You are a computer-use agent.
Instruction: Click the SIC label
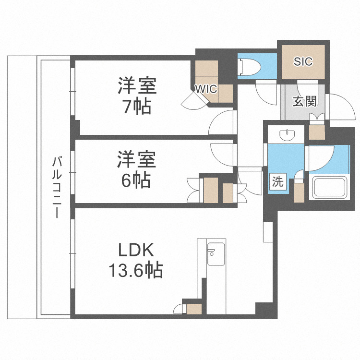pyautogui.click(x=303, y=61)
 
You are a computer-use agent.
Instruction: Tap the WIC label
pyautogui.click(x=206, y=89)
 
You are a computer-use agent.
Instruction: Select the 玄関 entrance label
pyautogui.click(x=304, y=101)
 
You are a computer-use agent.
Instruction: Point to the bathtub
pyautogui.click(x=330, y=188)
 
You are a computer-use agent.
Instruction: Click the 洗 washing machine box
pyautogui.click(x=277, y=182)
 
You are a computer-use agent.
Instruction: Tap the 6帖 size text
pyautogui.click(x=135, y=180)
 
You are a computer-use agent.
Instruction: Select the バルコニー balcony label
pyautogui.click(x=57, y=187)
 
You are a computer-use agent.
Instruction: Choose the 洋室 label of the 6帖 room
pyautogui.click(x=136, y=159)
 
